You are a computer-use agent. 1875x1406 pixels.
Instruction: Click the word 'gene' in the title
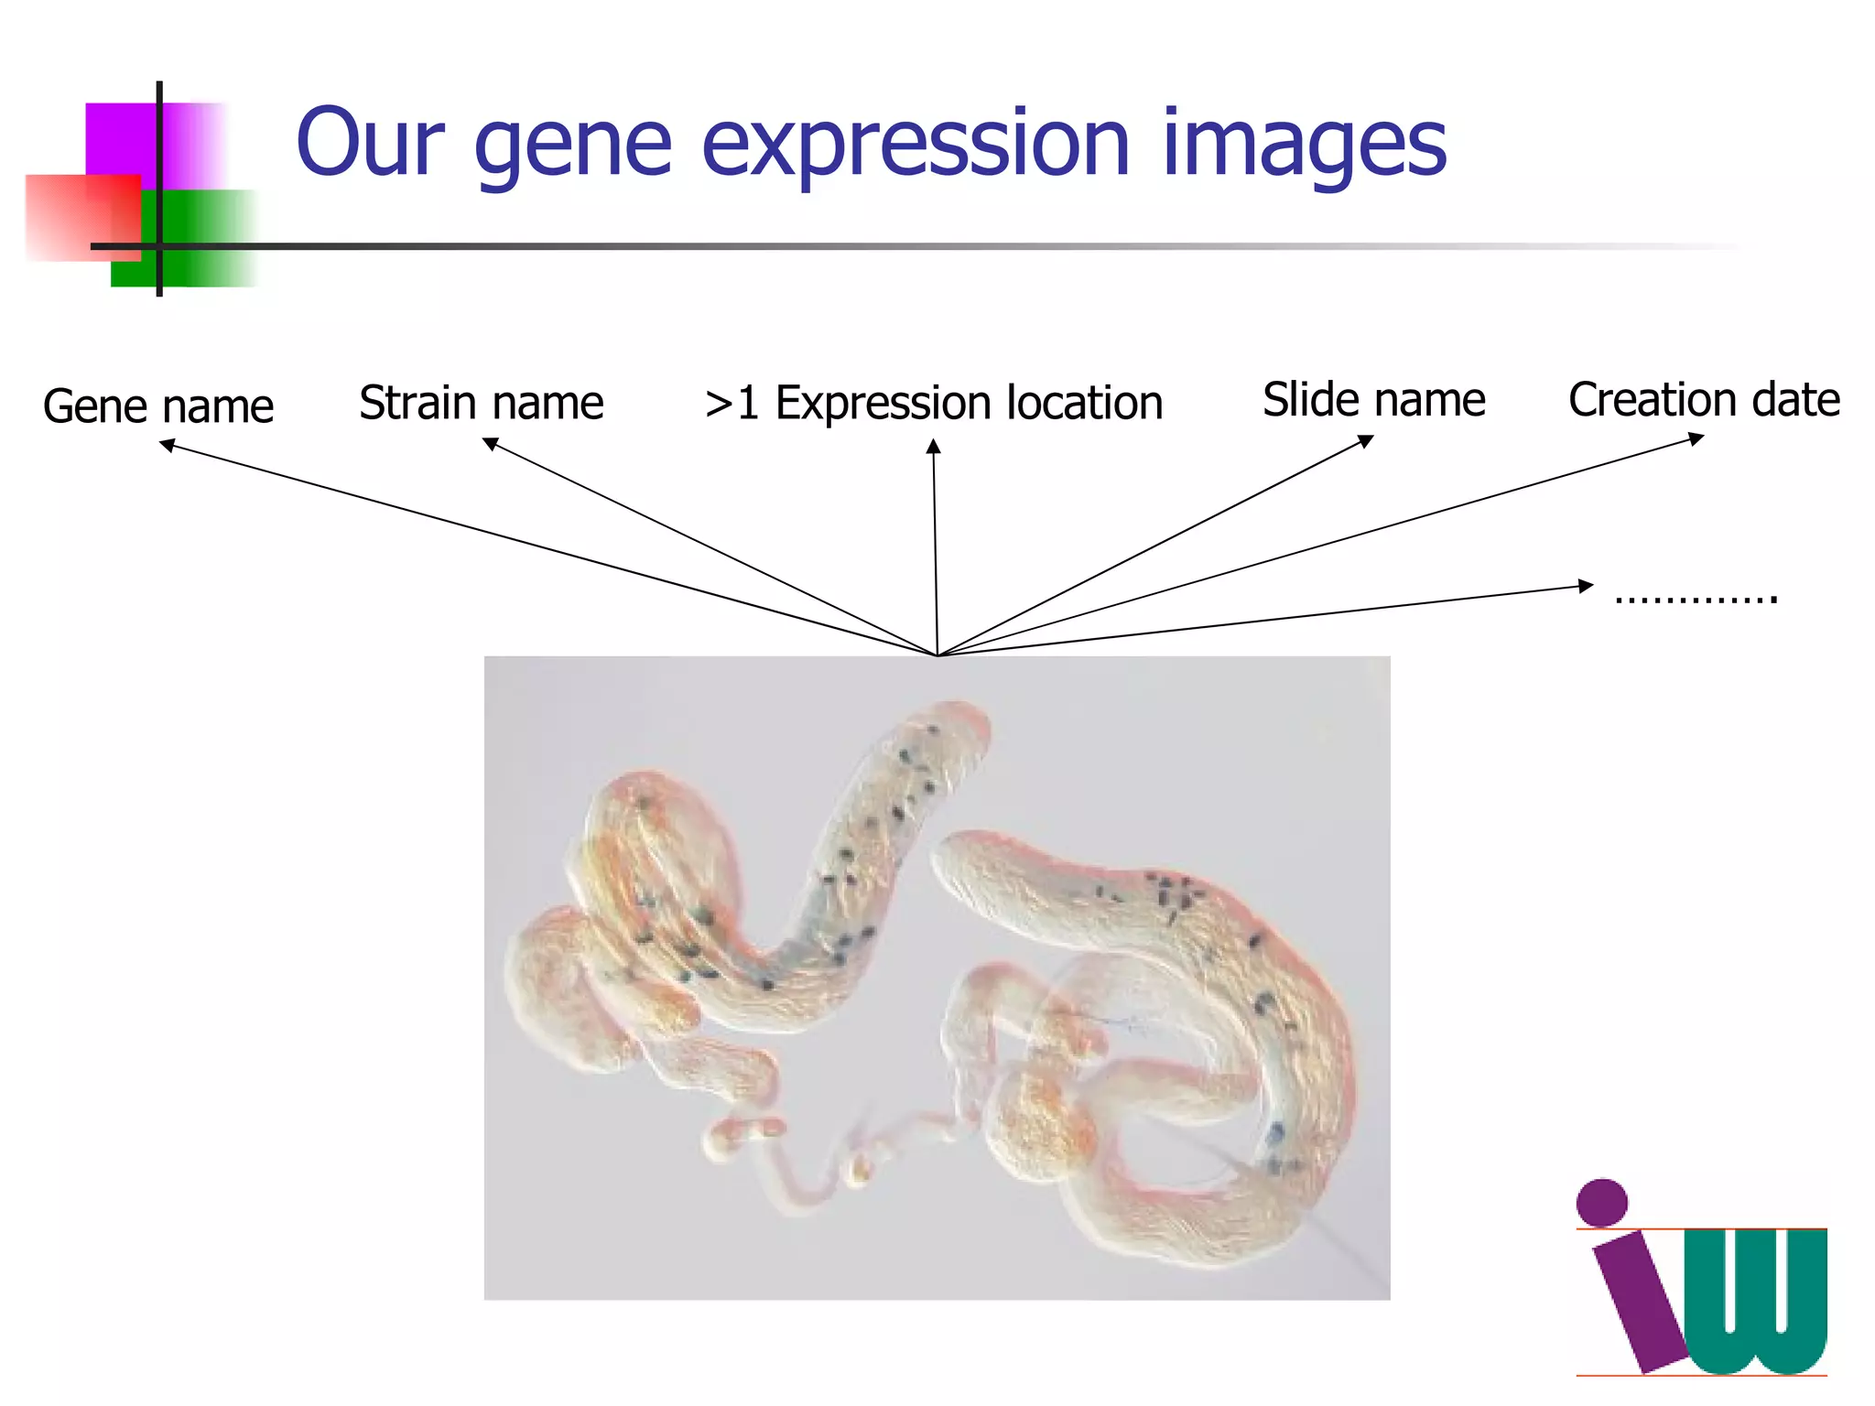pyautogui.click(x=573, y=146)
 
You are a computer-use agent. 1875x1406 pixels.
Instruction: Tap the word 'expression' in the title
pyautogui.click(x=915, y=146)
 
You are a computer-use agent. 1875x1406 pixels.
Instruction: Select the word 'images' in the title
pyautogui.click(x=1304, y=146)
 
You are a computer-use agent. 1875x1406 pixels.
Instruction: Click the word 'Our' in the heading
pyautogui.click(x=370, y=143)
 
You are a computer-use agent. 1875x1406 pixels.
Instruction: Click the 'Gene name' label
pyautogui.click(x=158, y=406)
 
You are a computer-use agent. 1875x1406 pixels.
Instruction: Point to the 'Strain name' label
pyautogui.click(x=482, y=403)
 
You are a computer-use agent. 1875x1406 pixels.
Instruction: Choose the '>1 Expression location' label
pyautogui.click(x=934, y=403)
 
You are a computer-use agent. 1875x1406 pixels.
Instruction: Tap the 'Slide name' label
pyautogui.click(x=1373, y=400)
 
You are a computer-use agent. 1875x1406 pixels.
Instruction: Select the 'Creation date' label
pyautogui.click(x=1704, y=400)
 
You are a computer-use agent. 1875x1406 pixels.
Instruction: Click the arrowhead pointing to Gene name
pyautogui.click(x=167, y=445)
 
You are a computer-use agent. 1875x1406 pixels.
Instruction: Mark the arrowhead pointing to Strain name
pyautogui.click(x=490, y=443)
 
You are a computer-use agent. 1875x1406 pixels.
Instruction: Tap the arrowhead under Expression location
pyautogui.click(x=933, y=447)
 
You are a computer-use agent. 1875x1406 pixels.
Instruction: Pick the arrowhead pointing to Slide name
pyautogui.click(x=1366, y=441)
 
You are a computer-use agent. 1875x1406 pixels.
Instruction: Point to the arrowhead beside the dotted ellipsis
pyautogui.click(x=1586, y=586)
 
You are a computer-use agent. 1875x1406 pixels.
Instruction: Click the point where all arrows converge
pyautogui.click(x=937, y=654)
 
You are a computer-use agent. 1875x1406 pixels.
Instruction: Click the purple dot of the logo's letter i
pyautogui.click(x=1602, y=1202)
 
